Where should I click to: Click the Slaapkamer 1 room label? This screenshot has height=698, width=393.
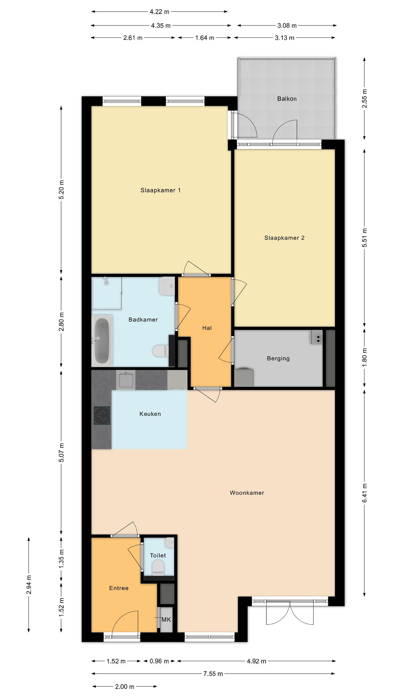[x=160, y=190]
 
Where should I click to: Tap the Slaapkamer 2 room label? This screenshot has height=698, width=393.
[x=284, y=238]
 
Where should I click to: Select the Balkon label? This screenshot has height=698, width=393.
[x=287, y=99]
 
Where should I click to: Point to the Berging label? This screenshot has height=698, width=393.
[x=278, y=358]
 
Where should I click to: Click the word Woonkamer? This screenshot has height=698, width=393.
[x=247, y=493]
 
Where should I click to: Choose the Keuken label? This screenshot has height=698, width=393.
[x=150, y=414]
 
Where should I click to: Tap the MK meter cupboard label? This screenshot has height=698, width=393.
[x=166, y=619]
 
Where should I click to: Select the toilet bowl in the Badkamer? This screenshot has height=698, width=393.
[x=160, y=351]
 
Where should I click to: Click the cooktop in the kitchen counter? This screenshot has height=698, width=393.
[x=102, y=416]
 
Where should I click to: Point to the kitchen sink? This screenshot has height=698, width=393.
[x=126, y=380]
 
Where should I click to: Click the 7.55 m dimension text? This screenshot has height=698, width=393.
[x=213, y=674]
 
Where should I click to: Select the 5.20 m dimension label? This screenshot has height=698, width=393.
[x=61, y=189]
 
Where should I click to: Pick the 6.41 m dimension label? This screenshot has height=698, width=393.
[x=364, y=493]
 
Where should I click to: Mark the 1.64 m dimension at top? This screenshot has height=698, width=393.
[x=205, y=37]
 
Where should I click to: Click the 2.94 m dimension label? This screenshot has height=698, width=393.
[x=29, y=585]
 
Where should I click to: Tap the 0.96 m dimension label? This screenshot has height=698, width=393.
[x=159, y=661]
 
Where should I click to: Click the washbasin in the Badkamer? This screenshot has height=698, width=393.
[x=167, y=286]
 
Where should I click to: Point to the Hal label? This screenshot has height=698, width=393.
[x=207, y=328]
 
